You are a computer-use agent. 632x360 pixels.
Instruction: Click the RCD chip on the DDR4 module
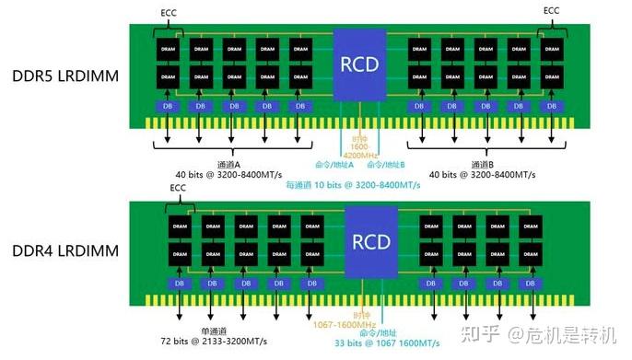click(371, 241)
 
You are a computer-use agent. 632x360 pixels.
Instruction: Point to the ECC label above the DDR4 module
click(179, 188)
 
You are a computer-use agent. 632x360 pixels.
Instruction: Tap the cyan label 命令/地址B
click(386, 165)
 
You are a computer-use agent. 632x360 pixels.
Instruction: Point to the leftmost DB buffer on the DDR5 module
click(166, 107)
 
